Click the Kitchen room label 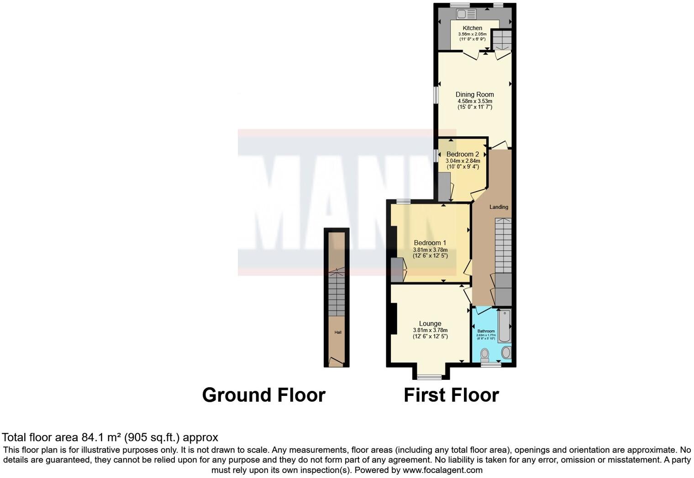click(472, 28)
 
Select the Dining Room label click(474, 94)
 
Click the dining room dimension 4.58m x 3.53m click(474, 101)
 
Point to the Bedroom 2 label click(463, 154)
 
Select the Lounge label click(430, 323)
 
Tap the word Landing click(499, 207)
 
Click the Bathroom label click(486, 331)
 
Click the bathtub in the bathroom click(505, 326)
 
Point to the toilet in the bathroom click(485, 354)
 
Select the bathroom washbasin click(506, 353)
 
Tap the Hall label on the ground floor click(338, 333)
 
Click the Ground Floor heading click(263, 395)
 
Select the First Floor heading click(451, 395)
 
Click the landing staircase click(503, 246)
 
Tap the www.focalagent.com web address click(442, 470)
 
